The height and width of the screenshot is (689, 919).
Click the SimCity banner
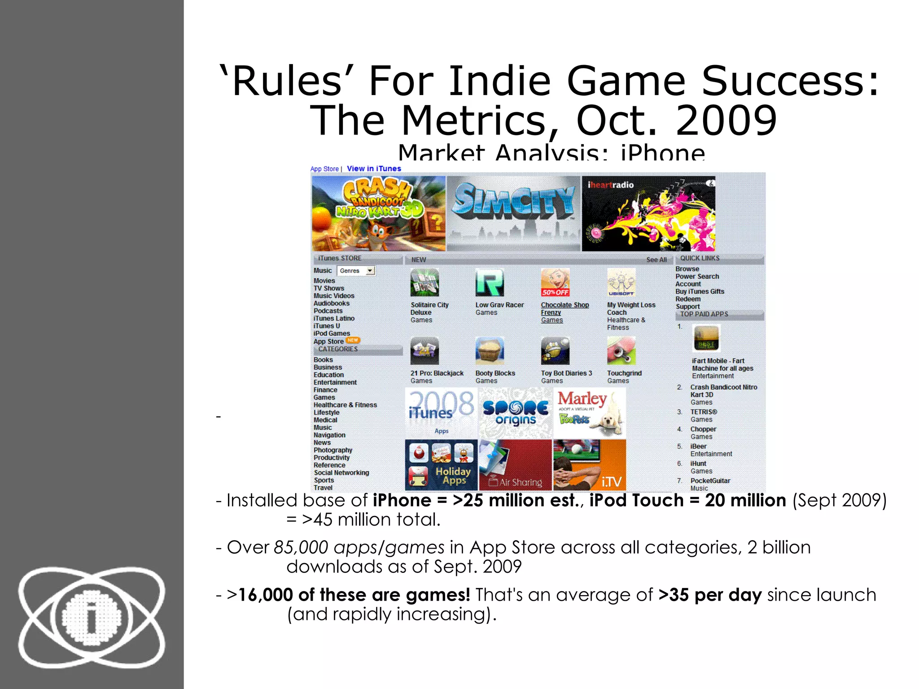(x=513, y=213)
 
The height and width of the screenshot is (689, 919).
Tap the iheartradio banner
(x=648, y=214)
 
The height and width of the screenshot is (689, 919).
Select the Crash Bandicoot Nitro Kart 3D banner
(x=378, y=213)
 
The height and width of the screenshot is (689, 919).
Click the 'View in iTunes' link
(x=374, y=169)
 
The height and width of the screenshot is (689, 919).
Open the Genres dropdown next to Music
(x=370, y=270)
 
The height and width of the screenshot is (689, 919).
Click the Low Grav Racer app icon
(x=490, y=283)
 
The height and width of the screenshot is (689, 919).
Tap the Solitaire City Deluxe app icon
(x=424, y=283)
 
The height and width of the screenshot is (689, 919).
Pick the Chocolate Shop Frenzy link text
(x=565, y=305)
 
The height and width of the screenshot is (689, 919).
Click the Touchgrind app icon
(x=621, y=351)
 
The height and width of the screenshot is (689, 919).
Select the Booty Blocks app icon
(x=490, y=351)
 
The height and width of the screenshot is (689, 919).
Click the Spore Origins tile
(x=515, y=413)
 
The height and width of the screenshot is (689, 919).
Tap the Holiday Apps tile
(x=441, y=465)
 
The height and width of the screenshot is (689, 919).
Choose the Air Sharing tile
(x=515, y=465)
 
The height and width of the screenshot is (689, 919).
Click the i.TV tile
(x=589, y=465)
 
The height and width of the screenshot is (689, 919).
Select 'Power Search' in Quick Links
(x=697, y=276)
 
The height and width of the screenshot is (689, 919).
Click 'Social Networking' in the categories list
(x=341, y=473)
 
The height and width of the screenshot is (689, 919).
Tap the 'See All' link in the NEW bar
(x=656, y=260)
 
